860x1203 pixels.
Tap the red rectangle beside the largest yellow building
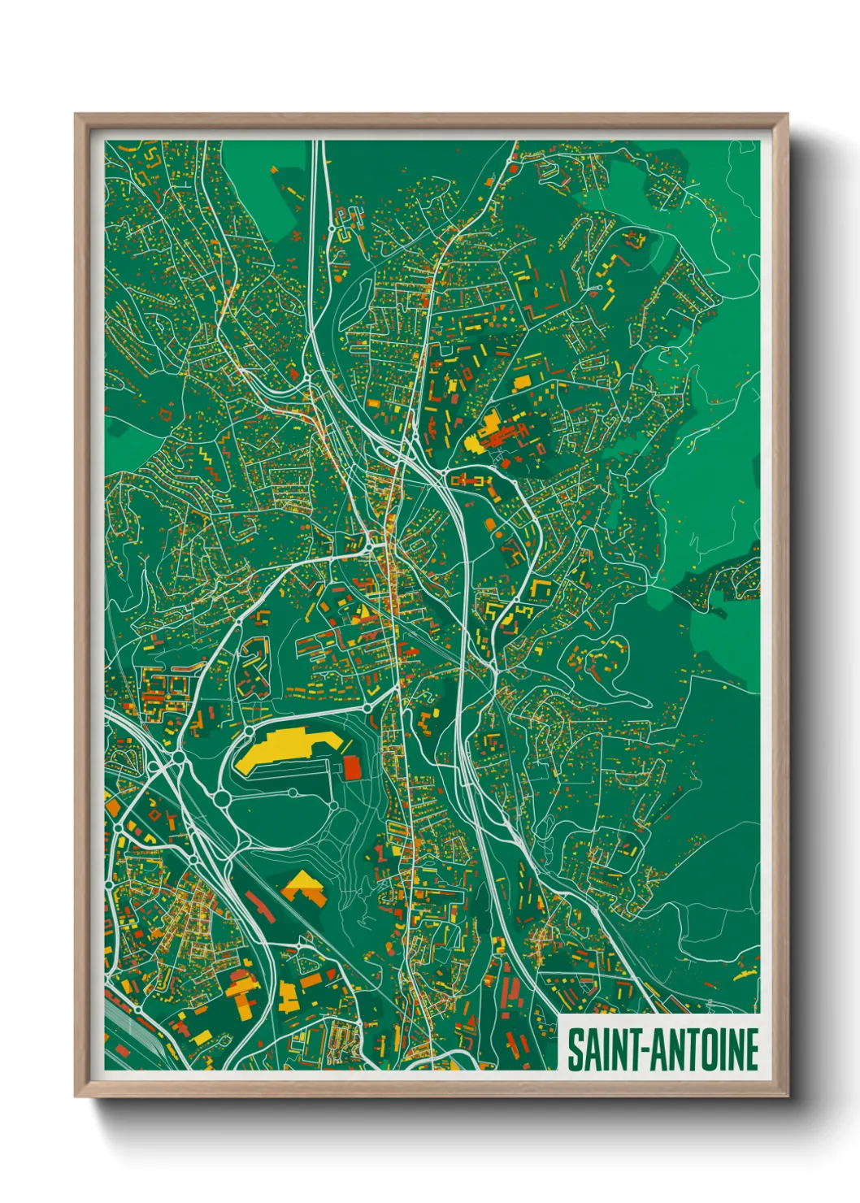[351, 767]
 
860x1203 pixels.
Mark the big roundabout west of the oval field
[222, 799]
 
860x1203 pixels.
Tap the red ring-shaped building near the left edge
[166, 414]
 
